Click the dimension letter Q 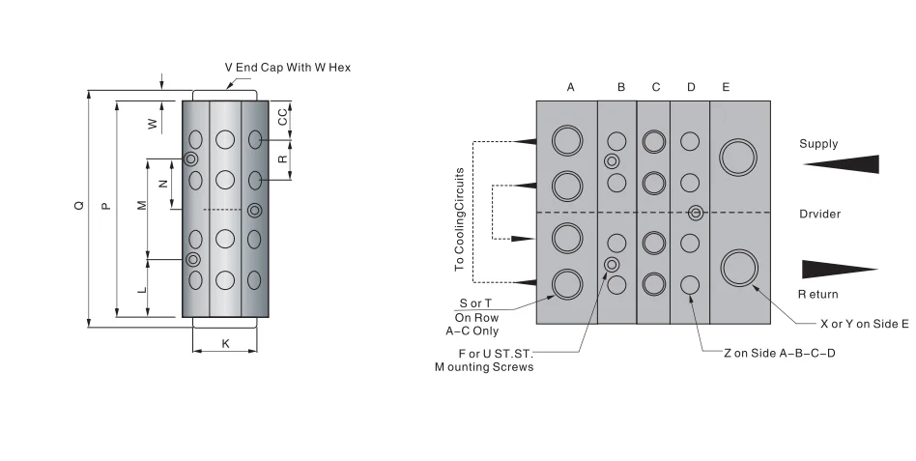(x=79, y=205)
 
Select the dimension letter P (x=105, y=205)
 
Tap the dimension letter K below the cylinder (x=225, y=343)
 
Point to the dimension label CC (x=282, y=117)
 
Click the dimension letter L (x=141, y=289)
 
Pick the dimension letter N (x=162, y=183)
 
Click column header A (x=570, y=87)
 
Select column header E (x=726, y=87)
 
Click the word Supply (x=818, y=144)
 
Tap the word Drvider (x=819, y=214)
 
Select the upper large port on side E (x=739, y=156)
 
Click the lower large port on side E (x=739, y=267)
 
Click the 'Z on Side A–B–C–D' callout (x=779, y=354)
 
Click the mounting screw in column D (x=695, y=213)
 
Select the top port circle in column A (x=567, y=140)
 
